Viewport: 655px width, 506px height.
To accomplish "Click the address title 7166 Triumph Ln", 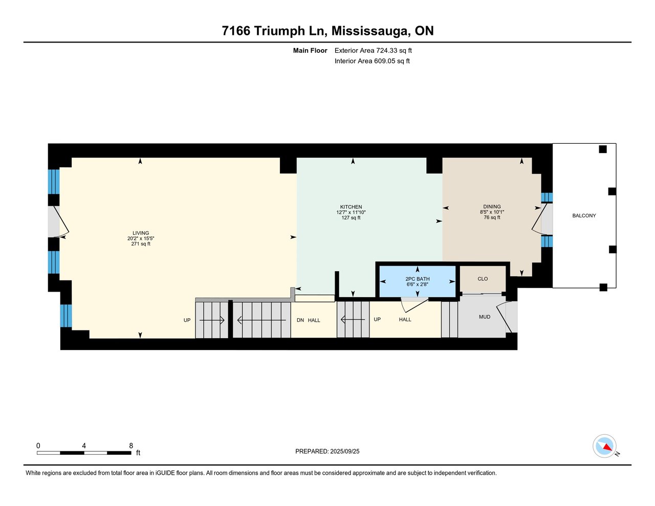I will point(327,31).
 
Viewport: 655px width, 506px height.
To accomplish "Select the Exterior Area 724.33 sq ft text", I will point(373,51).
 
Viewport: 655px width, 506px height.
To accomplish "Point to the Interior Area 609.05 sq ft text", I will point(372,61).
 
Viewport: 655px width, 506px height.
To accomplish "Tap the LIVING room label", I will point(141,233).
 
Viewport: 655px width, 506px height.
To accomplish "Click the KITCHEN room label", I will point(351,207).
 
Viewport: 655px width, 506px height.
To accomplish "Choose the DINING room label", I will point(492,207).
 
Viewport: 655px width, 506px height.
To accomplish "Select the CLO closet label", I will point(483,279).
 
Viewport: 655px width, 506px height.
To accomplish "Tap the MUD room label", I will point(485,317).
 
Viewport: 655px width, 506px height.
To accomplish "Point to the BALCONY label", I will point(584,216).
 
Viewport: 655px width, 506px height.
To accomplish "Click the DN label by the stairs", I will point(300,320).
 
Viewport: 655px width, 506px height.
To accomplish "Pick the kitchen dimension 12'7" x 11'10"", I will point(351,212).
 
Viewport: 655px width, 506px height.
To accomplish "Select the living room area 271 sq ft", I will point(141,244).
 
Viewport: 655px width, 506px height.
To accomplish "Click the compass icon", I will point(605,446).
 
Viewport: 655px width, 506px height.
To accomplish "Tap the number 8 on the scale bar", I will point(131,446).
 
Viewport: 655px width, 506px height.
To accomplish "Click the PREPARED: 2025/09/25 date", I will point(327,451).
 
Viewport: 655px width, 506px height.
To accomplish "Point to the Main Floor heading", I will point(310,51).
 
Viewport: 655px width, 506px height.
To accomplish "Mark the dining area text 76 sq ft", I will point(492,217).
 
